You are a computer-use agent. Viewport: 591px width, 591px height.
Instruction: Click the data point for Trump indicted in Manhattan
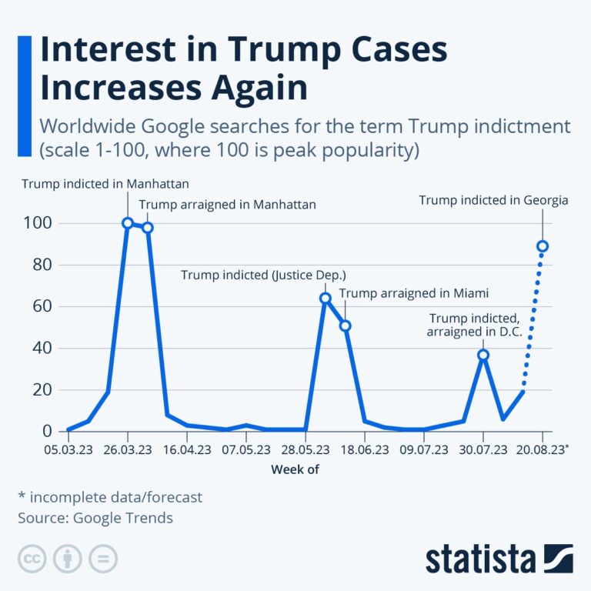[x=128, y=223]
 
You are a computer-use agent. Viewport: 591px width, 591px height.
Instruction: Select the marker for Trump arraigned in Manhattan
[x=148, y=228]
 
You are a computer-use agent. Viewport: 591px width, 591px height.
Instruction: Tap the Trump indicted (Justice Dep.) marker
[x=325, y=298]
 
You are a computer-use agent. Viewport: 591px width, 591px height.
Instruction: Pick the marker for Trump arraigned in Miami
[x=345, y=326]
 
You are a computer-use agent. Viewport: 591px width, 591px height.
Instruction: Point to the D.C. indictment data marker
[x=483, y=355]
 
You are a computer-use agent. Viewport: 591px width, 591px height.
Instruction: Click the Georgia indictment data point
[x=543, y=246]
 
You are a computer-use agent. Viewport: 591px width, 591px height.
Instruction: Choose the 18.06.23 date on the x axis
[x=365, y=449]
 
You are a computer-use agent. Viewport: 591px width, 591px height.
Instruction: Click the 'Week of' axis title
[x=295, y=469]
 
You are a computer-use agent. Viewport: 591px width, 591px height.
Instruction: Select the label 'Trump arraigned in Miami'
[x=414, y=293]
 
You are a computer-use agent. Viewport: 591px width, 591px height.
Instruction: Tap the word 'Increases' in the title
[x=119, y=88]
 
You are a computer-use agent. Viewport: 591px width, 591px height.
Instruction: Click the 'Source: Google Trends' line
[x=95, y=518]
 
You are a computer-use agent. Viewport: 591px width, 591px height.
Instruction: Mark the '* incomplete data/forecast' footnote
[x=110, y=497]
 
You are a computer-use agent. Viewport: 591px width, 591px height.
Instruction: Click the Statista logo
[x=499, y=559]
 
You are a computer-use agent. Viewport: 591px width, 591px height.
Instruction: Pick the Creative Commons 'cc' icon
[x=32, y=559]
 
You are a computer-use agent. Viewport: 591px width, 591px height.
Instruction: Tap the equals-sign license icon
[x=103, y=559]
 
